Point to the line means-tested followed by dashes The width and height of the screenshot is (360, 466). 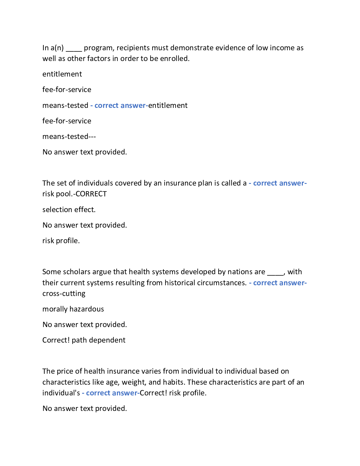point(69,136)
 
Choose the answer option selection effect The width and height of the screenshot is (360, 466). point(69,210)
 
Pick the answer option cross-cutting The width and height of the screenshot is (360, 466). point(64,293)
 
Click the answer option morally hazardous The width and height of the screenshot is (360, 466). point(73,309)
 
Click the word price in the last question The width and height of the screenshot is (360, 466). point(65,371)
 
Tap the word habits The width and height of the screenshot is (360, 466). point(174,382)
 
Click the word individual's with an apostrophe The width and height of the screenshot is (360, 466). point(61,393)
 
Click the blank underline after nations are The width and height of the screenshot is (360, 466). point(275,274)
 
